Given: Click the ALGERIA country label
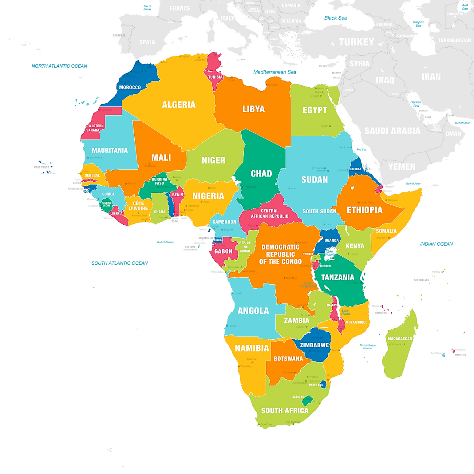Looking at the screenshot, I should [179, 105].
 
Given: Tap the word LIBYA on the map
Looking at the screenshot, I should [253, 109].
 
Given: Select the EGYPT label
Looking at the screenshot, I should [314, 110].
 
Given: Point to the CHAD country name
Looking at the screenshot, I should [261, 173].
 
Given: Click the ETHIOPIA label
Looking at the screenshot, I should [364, 210].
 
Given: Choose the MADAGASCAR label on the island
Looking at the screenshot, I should [400, 339].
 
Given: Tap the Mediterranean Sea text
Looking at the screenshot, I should [275, 72].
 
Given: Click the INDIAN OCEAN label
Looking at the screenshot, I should [436, 244].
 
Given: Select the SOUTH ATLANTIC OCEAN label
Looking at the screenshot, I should [119, 263].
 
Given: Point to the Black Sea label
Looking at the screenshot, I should [335, 18].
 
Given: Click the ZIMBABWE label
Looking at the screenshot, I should [314, 345].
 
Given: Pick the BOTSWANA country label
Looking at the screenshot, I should [288, 359].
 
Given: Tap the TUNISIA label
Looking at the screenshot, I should [215, 77].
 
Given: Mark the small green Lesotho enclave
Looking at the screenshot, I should [307, 401].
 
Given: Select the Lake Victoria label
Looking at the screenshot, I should [329, 253].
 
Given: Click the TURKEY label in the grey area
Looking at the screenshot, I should [356, 42].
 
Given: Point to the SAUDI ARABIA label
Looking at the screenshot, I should [392, 131].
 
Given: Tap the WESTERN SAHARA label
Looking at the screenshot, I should [95, 128].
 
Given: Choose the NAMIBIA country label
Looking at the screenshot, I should [252, 348].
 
